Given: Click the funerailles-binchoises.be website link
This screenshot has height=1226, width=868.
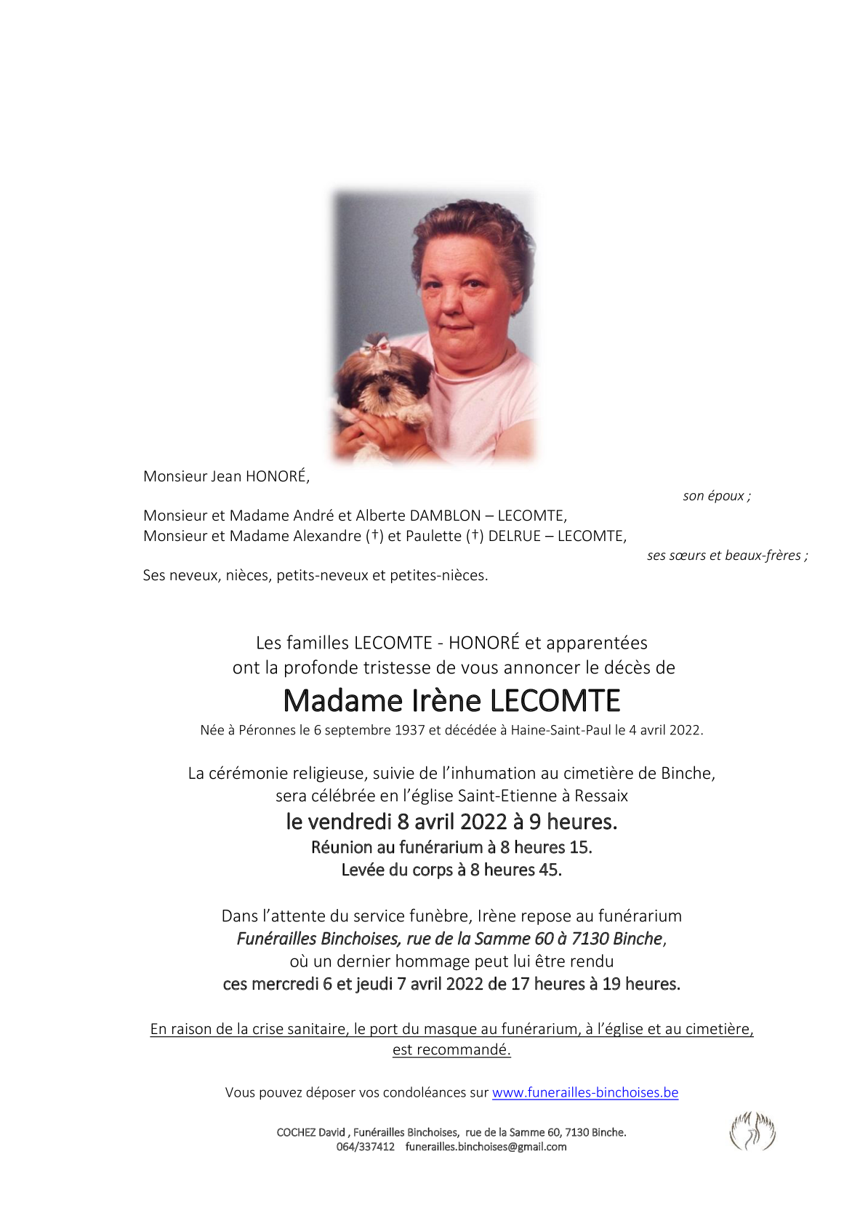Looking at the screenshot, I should click(x=584, y=1092).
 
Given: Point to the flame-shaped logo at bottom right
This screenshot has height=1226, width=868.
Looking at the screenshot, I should click(x=752, y=1131).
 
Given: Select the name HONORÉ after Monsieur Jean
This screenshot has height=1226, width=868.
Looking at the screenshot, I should click(x=277, y=476).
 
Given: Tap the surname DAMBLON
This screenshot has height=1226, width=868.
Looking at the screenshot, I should click(x=445, y=516).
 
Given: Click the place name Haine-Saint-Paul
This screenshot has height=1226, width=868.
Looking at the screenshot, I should click(x=560, y=730).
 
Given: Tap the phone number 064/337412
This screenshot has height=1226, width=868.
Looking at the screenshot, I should click(x=365, y=1147).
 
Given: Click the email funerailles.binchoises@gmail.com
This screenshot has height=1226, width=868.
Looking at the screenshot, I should click(x=486, y=1147).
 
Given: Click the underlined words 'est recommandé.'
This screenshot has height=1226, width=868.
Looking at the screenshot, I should click(x=451, y=1049).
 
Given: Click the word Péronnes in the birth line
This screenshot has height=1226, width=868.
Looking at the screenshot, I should click(x=267, y=730).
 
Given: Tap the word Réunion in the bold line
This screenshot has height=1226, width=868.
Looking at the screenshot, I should click(x=340, y=847).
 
